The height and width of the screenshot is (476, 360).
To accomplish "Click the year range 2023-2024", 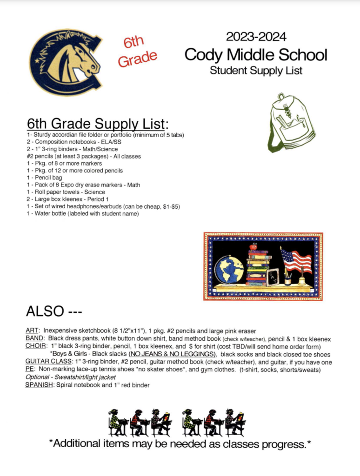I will tap(256, 36).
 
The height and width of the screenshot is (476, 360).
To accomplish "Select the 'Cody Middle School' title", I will tap(256, 55).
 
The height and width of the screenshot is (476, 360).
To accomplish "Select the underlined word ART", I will tap(32, 331).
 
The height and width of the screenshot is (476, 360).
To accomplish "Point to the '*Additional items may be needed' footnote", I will tap(180, 444).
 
